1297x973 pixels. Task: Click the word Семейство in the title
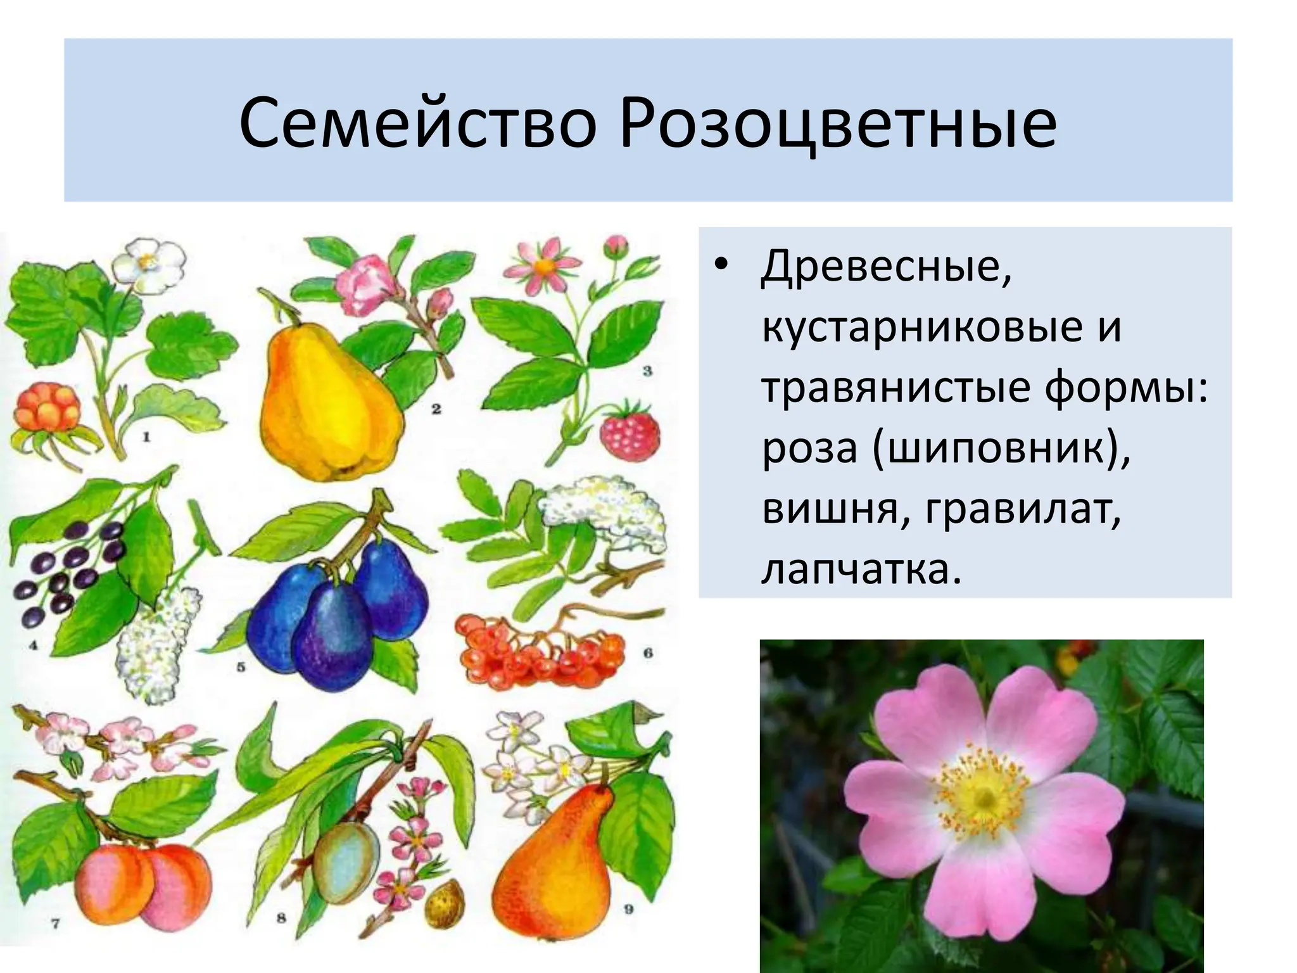tap(418, 123)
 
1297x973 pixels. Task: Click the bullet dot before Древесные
tap(721, 266)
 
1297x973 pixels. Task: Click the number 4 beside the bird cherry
tap(33, 645)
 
